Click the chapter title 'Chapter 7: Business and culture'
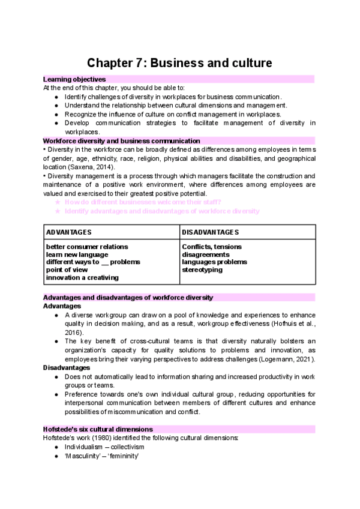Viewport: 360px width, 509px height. click(179, 63)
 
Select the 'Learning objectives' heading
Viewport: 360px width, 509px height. click(74, 79)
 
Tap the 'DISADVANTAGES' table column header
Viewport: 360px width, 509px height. click(210, 232)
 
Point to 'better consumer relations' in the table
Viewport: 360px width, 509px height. click(87, 247)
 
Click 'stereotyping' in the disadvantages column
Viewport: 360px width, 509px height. click(202, 270)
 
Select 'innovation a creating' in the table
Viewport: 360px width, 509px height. click(82, 277)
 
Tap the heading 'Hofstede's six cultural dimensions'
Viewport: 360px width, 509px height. click(98, 429)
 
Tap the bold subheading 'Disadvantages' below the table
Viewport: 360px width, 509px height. click(67, 367)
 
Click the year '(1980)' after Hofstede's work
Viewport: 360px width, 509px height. click(94, 438)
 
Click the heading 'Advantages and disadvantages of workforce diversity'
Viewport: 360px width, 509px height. click(128, 298)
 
